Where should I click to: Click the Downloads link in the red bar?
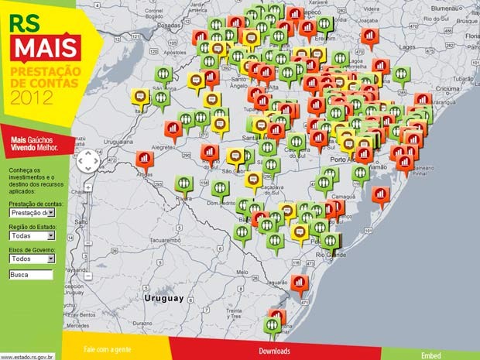(274, 351)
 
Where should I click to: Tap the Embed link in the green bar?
(431, 355)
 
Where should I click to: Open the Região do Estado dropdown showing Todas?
(32, 235)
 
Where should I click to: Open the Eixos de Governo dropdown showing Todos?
(32, 259)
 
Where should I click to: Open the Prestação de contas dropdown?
(32, 213)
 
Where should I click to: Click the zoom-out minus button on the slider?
(88, 276)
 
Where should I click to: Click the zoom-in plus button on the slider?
(88, 187)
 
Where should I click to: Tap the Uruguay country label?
(163, 298)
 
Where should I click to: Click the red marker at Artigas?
(143, 159)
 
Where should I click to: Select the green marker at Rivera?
(183, 184)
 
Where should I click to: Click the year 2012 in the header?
(31, 97)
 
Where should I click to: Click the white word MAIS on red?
(43, 49)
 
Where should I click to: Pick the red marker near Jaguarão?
(299, 283)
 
